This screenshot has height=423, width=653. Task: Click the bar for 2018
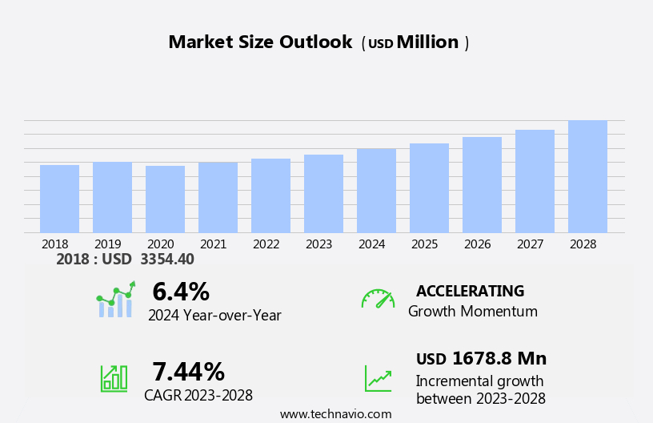tap(59, 199)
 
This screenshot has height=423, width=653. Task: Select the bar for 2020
tap(165, 199)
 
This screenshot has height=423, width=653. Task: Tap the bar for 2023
tap(323, 194)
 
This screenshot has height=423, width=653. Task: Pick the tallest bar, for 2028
tap(587, 176)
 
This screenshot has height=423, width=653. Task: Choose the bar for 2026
tap(482, 185)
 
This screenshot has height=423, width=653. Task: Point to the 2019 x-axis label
tap(108, 244)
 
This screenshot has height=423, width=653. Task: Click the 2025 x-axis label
tap(425, 244)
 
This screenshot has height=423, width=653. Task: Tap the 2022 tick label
tap(266, 244)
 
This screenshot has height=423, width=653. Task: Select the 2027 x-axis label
tap(531, 244)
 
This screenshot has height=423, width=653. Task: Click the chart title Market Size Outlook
tap(260, 42)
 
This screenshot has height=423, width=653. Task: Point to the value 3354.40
tap(166, 260)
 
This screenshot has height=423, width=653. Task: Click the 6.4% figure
tap(180, 292)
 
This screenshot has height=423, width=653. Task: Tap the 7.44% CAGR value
tap(188, 372)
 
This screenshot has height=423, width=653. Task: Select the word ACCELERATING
tap(470, 292)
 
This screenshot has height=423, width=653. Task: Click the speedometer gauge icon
tap(378, 299)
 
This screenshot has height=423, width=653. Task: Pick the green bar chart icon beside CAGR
tap(114, 377)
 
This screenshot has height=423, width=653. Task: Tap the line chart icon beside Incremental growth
tap(378, 378)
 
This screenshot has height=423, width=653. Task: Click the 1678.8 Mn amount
tap(499, 359)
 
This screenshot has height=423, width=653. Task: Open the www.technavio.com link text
tap(335, 414)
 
